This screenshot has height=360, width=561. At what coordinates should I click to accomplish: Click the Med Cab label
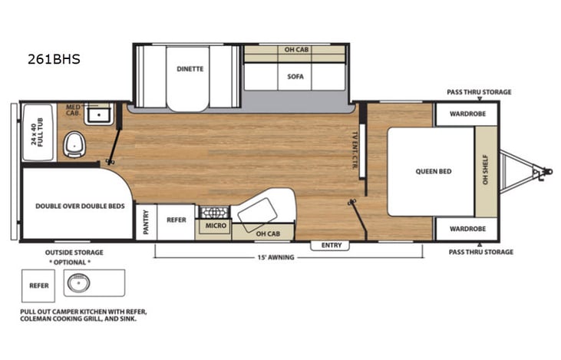click(74, 110)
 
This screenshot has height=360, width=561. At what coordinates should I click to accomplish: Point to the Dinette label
click(190, 68)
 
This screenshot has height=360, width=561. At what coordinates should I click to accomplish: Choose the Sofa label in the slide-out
click(295, 77)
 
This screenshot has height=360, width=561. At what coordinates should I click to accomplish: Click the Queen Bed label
click(434, 171)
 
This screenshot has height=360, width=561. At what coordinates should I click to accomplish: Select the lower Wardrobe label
click(467, 229)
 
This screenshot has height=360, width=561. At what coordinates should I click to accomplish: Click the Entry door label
click(332, 245)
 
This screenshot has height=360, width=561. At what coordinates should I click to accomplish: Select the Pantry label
click(145, 221)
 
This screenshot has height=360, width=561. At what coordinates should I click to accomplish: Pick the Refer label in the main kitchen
click(177, 220)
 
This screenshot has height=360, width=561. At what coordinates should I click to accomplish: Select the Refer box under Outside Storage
click(39, 285)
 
